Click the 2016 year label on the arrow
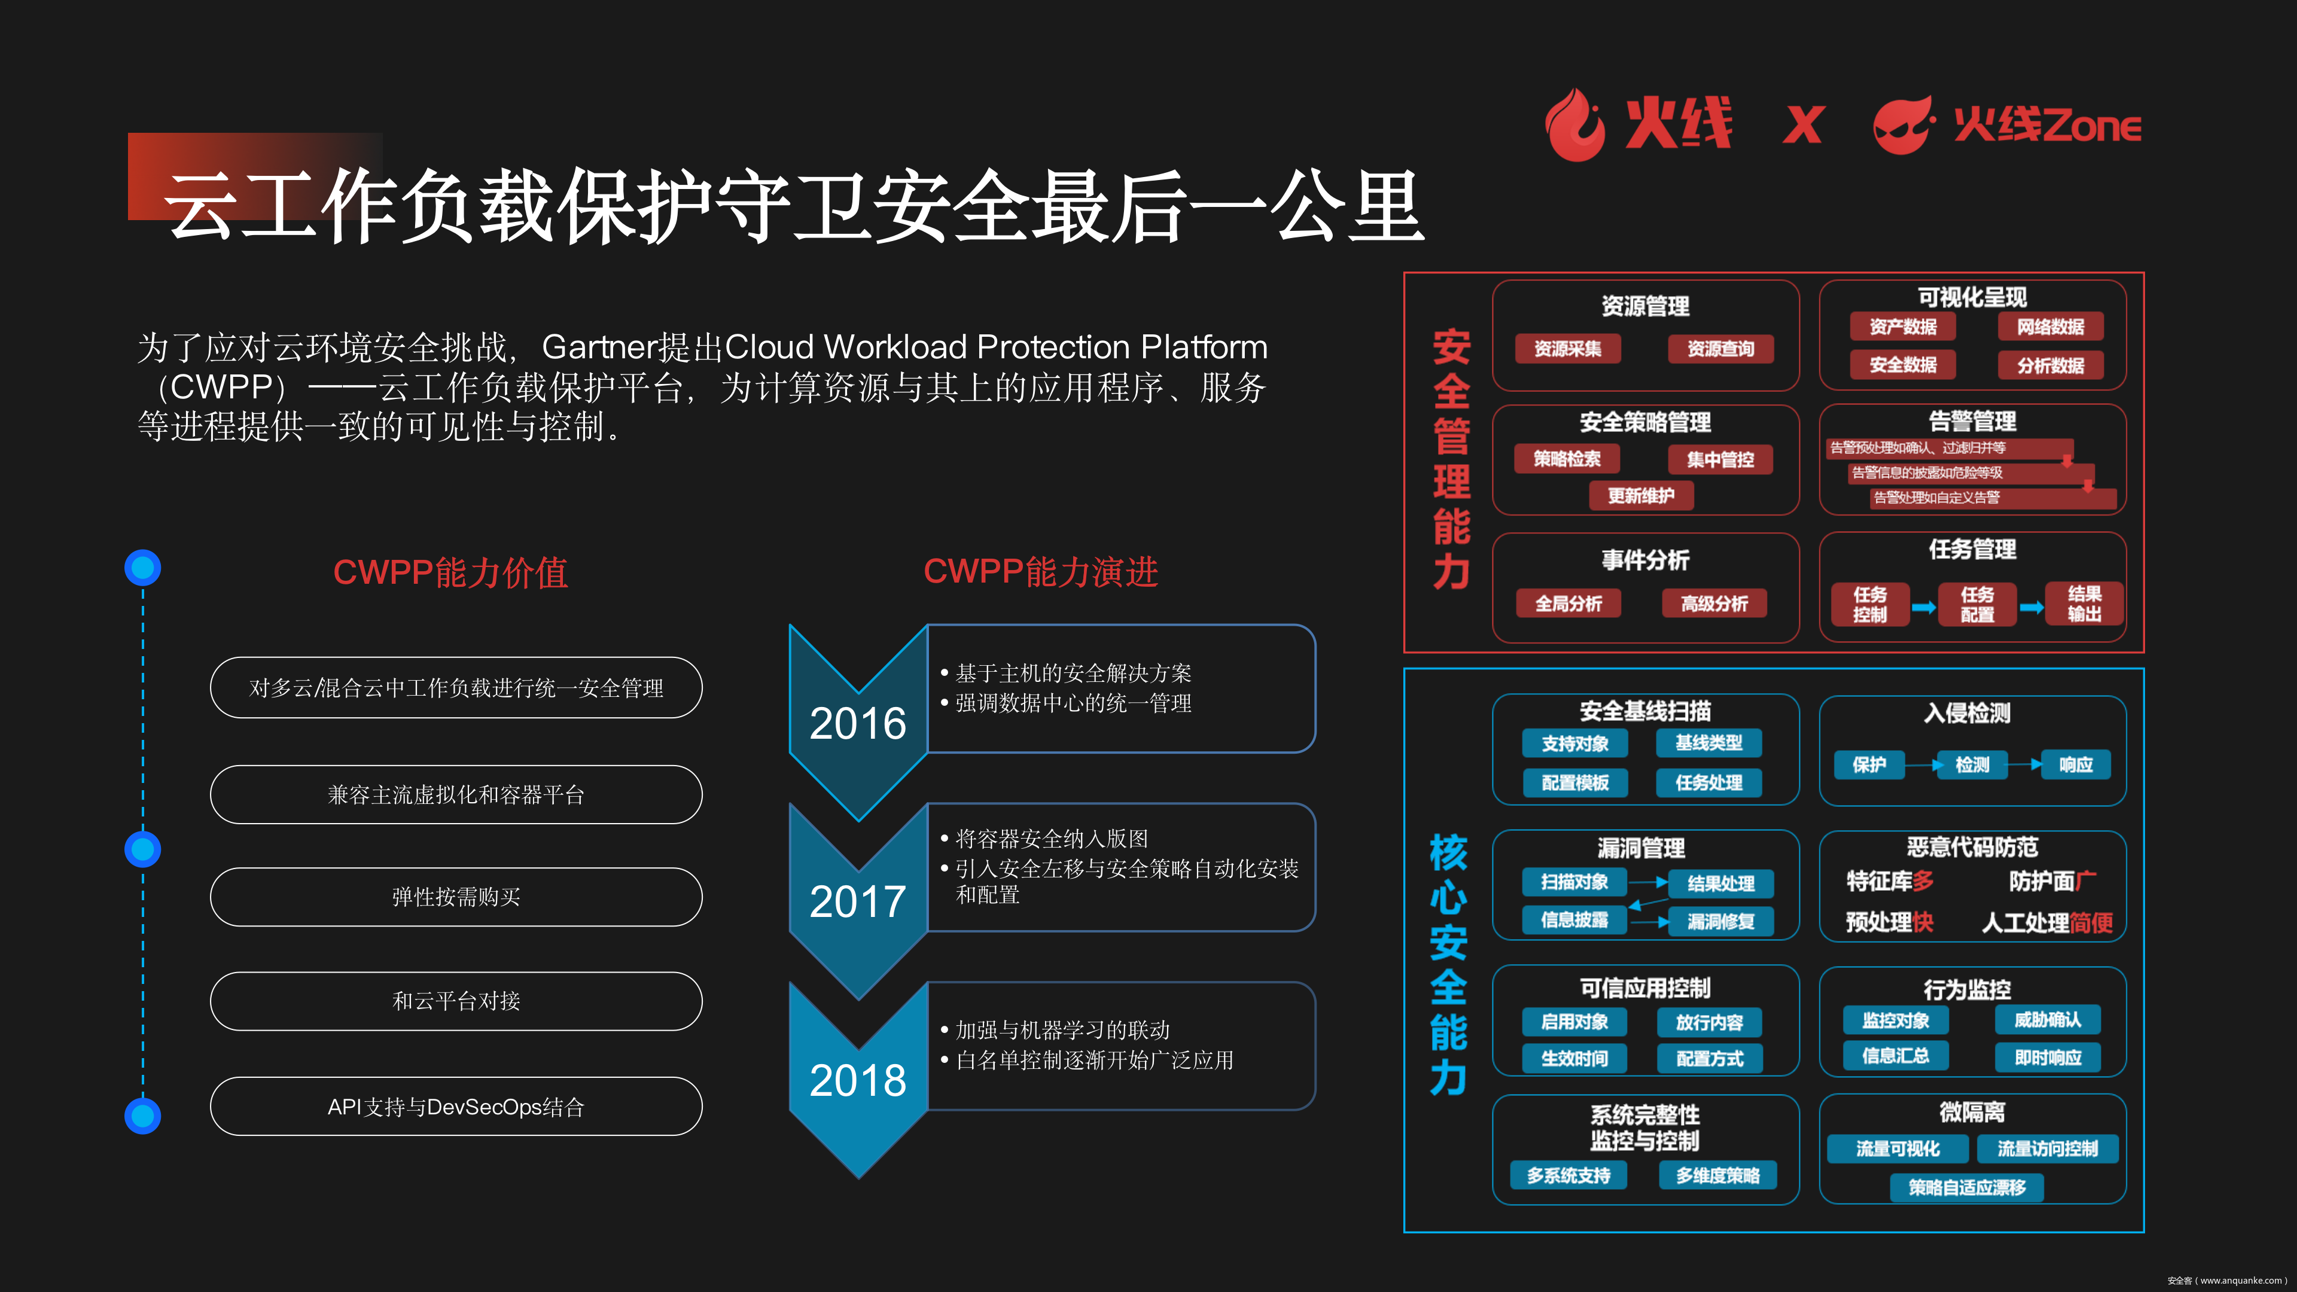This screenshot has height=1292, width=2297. pos(858,723)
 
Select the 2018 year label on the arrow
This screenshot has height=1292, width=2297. pos(858,1081)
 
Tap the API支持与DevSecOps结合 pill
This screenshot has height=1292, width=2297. pos(456,1107)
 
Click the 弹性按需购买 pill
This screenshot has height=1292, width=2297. pos(456,897)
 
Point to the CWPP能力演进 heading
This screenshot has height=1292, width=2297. pos(1041,572)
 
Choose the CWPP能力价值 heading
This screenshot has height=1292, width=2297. pos(450,572)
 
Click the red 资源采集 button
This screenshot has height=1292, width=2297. pos(1568,349)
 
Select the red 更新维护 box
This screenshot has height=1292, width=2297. pos(1641,496)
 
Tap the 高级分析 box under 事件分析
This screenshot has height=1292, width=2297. pos(1714,604)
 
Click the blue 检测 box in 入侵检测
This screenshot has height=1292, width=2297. pos(1972,765)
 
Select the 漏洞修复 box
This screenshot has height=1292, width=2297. pos(1721,921)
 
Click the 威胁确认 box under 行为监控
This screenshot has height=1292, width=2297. pos(2048,1019)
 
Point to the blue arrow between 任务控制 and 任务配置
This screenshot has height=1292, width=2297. pos(1923,607)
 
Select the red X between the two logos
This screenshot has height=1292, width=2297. pos(1803,125)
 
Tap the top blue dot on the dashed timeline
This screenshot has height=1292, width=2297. pos(143,567)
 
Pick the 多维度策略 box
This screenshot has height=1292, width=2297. pos(1717,1175)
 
